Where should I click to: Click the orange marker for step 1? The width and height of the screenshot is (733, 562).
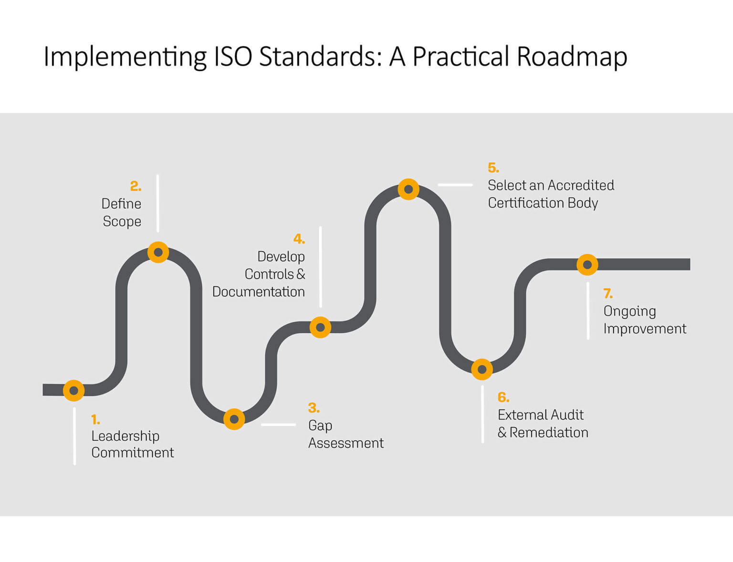click(x=74, y=390)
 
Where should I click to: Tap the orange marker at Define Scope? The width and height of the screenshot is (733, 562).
click(x=158, y=252)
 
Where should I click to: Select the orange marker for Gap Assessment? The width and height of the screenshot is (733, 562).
click(x=234, y=419)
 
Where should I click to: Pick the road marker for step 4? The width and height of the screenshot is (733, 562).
click(x=320, y=327)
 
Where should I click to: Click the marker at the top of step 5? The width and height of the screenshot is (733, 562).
click(x=408, y=189)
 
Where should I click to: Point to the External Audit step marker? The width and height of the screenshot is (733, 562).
click(x=482, y=369)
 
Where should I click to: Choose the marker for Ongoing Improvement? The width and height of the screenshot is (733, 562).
click(x=587, y=264)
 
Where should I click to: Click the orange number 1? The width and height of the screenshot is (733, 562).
click(x=95, y=420)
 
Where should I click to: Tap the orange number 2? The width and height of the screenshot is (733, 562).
click(x=136, y=186)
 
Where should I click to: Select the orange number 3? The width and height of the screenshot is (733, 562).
click(x=314, y=408)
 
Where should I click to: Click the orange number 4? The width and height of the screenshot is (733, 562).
click(x=299, y=239)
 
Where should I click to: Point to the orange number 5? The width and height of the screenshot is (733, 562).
click(x=493, y=168)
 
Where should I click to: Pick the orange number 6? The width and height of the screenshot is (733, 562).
click(x=503, y=397)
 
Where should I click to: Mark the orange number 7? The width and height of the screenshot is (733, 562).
click(x=607, y=293)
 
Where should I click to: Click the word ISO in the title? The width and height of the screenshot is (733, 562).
click(x=233, y=56)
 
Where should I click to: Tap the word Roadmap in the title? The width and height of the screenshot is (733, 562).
click(x=572, y=56)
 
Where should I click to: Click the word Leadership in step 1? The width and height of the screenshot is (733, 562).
click(x=125, y=436)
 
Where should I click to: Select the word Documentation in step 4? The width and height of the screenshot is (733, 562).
click(x=258, y=292)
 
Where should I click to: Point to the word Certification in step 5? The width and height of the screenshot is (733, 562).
click(x=525, y=203)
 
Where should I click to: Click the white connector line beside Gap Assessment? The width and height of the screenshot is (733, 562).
click(x=278, y=424)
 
